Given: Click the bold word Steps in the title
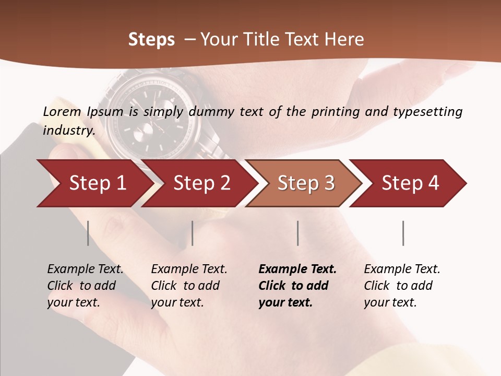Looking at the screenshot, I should [151, 39].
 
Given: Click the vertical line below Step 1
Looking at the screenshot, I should [88, 233].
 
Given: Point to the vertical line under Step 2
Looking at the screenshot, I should [193, 233].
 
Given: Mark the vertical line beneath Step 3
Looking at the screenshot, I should [298, 233].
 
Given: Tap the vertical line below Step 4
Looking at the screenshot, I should [403, 233].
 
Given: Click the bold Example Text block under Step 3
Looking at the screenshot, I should [297, 286].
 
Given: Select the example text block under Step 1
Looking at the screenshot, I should [85, 286].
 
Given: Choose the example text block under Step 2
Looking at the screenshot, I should [189, 286].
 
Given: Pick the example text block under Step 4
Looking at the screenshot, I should [402, 286].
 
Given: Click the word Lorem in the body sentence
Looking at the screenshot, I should [62, 111].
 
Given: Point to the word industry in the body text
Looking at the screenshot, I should [69, 131].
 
